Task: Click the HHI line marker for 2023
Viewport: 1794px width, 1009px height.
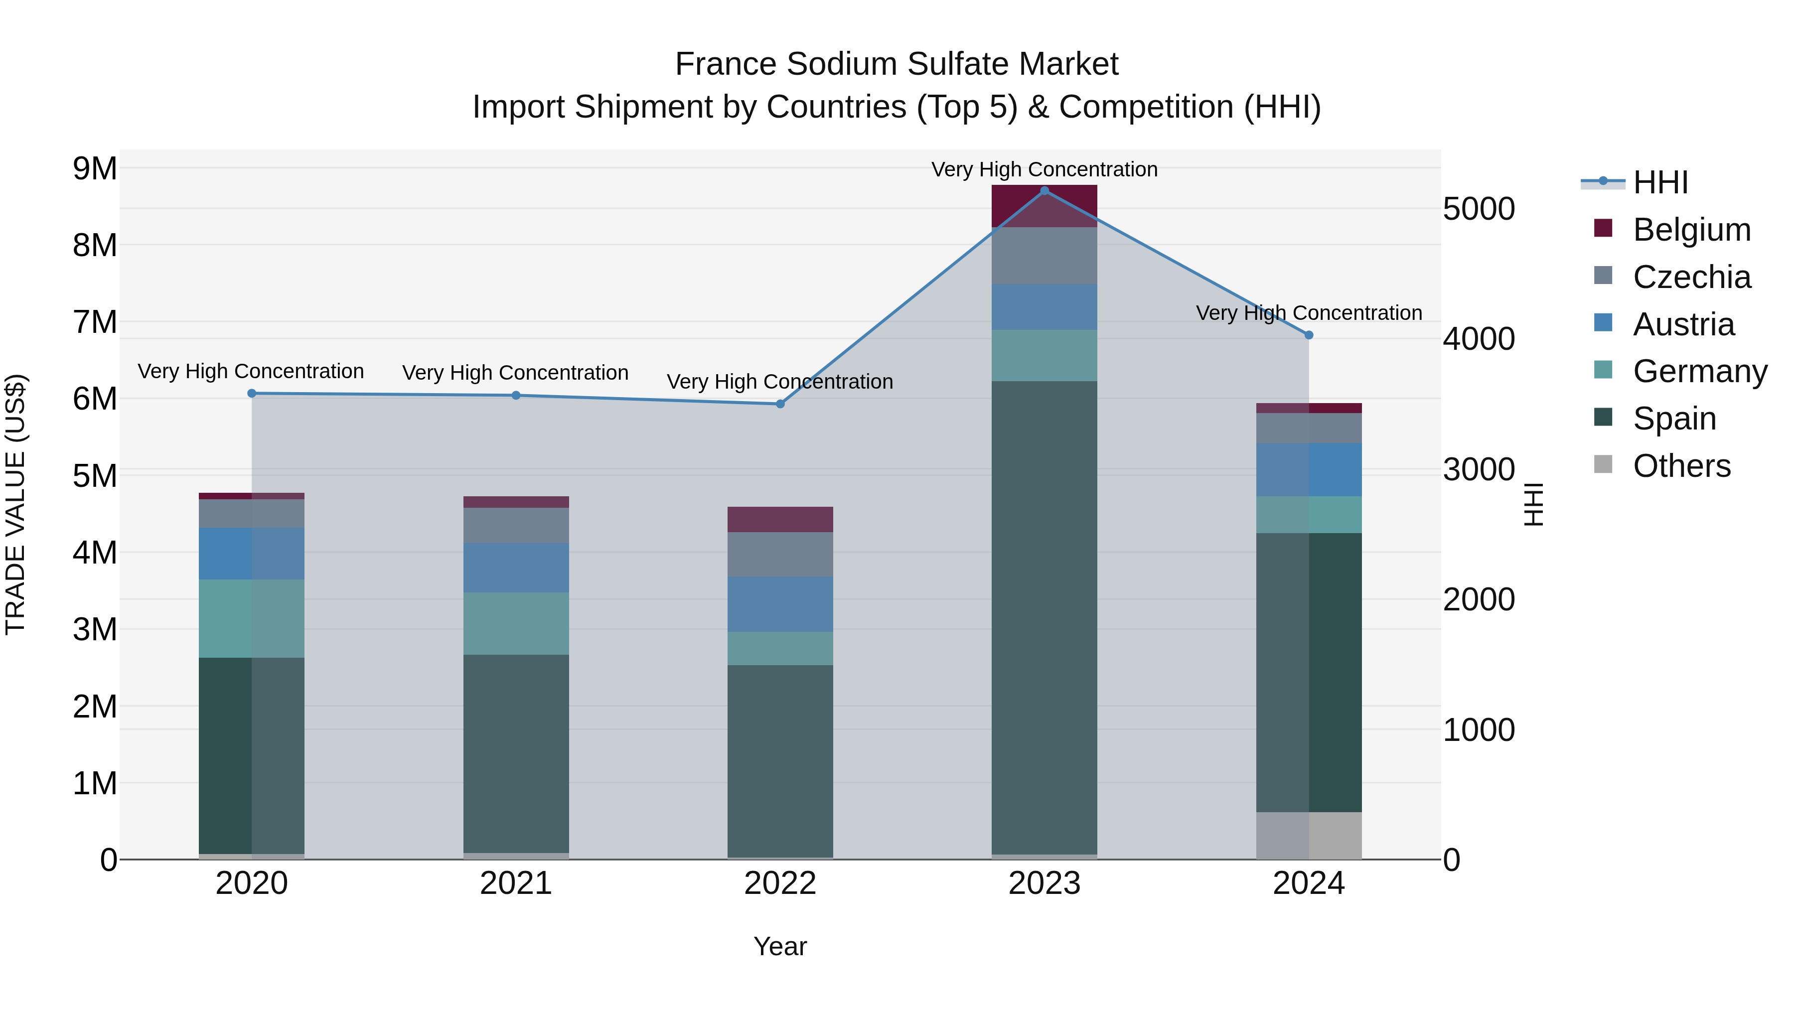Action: (1044, 191)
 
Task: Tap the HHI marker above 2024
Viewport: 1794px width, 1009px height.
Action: (1309, 335)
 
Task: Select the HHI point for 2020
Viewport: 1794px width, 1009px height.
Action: (252, 394)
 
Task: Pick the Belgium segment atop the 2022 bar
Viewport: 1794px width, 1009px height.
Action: (780, 520)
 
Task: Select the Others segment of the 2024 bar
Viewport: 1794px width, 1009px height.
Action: (1309, 835)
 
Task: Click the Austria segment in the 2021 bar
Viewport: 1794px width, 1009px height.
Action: (516, 568)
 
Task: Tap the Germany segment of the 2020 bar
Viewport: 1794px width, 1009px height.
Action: (252, 618)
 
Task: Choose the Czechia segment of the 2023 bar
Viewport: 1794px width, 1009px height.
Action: (1044, 256)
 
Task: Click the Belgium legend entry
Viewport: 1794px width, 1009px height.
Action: (1691, 230)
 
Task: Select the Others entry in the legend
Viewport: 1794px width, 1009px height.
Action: (1681, 466)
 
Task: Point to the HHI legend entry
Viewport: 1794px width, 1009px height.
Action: (1659, 182)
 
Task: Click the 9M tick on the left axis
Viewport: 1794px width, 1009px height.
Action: (95, 168)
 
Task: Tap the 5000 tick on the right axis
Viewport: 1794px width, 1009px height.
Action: (1479, 209)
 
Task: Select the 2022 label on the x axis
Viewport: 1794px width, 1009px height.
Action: (780, 883)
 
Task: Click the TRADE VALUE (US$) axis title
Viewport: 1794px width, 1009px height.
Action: (15, 504)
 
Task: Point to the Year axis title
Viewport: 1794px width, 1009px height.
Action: (780, 946)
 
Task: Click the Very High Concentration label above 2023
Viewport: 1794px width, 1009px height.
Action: (1044, 169)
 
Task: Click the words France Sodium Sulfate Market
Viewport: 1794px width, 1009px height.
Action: (897, 64)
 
